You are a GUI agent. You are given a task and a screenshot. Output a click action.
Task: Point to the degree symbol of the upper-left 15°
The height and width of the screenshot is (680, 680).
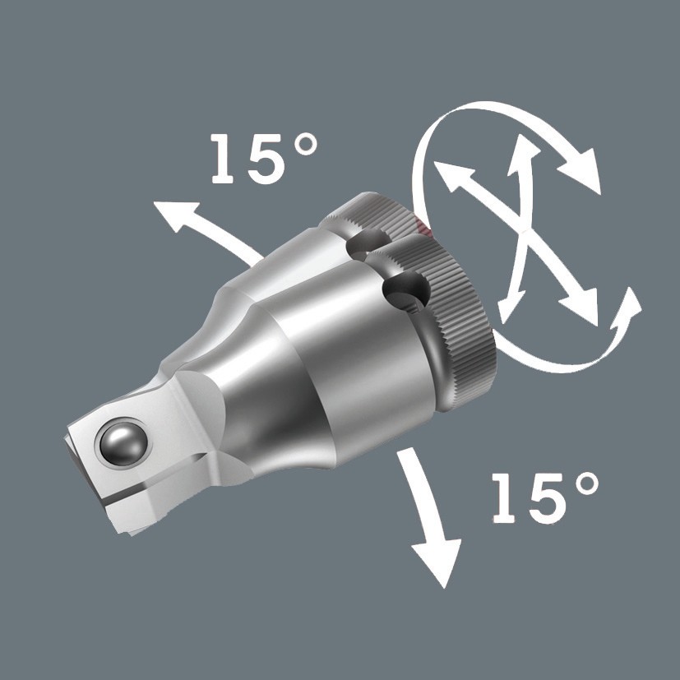tap(303, 146)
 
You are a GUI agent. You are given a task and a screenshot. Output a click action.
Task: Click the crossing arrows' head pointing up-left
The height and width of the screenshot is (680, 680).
tap(449, 175)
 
